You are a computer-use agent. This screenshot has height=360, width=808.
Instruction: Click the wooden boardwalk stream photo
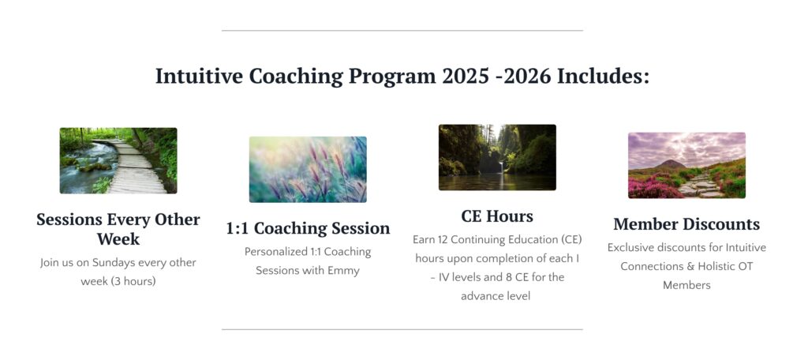pos(118,160)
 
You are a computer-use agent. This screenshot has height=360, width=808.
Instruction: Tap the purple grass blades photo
pos(308,169)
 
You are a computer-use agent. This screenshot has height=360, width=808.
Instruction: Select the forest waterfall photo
pos(497,157)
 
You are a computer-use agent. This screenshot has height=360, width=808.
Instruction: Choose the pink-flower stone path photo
pos(686,165)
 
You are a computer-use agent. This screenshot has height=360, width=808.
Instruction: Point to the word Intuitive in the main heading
pos(199,77)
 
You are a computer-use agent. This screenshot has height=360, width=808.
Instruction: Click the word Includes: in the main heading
pos(604,77)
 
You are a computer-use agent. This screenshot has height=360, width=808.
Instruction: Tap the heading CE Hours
pos(497,216)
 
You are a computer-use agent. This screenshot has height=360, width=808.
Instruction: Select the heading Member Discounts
pos(686,224)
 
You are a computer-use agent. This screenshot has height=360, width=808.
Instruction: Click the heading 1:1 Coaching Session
pos(308,228)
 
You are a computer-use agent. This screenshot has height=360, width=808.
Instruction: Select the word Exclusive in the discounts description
pos(630,248)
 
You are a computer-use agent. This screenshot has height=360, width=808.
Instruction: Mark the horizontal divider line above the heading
pos(402,31)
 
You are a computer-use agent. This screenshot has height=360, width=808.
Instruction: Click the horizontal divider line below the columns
pos(402,329)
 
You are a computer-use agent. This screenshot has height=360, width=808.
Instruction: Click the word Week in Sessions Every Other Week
pos(118,238)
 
